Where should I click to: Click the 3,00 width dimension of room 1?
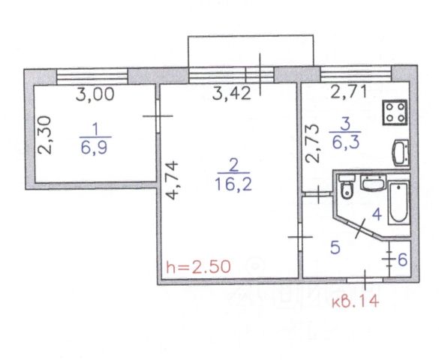pos(95,94)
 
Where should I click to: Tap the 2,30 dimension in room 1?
pos(45,136)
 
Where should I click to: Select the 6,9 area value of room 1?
pos(95,148)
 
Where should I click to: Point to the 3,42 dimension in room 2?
pos(231,94)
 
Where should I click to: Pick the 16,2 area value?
pos(233,184)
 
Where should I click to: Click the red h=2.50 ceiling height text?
pos(199,267)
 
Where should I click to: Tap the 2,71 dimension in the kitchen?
pos(349,92)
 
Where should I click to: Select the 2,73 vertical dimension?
pos(312,143)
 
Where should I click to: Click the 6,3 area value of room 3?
pos(346,142)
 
